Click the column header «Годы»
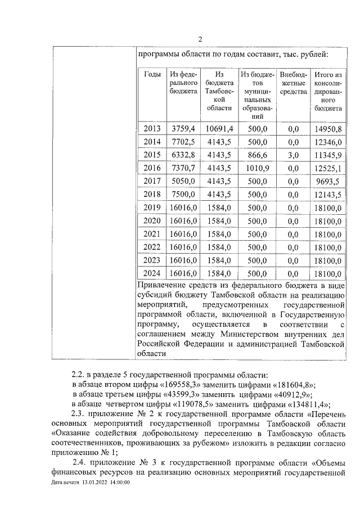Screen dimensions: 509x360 152,74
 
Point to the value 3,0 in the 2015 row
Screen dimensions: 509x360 293,155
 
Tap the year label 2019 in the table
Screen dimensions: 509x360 152,207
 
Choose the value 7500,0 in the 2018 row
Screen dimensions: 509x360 183,194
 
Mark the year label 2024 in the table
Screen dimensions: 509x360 152,273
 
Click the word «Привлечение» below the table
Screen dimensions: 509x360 163,288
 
